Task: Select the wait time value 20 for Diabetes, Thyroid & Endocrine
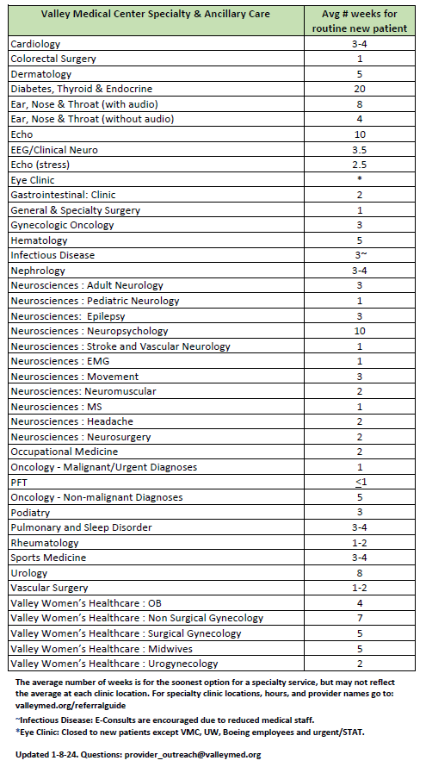coord(360,89)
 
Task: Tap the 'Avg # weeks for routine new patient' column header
coord(360,20)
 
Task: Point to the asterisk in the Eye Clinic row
coord(360,180)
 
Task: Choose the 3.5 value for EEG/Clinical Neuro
coord(360,149)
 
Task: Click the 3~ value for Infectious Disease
coord(360,255)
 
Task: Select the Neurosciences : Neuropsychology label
coord(90,331)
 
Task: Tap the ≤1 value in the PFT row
coord(360,482)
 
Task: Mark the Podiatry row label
coord(32,512)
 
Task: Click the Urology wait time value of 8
coord(360,572)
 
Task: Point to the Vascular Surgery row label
coord(49,588)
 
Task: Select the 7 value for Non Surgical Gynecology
coord(360,618)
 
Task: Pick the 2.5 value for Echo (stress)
coord(360,165)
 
